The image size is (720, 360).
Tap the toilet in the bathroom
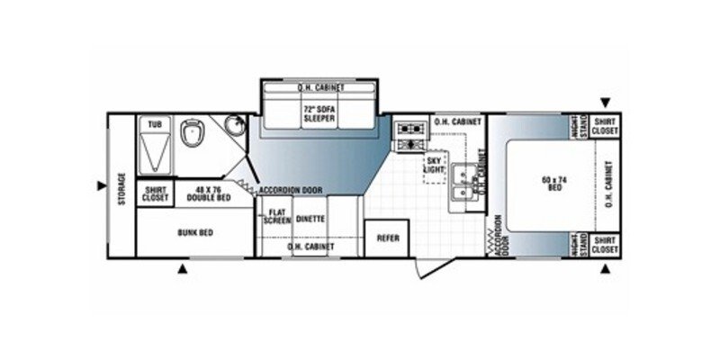click(192, 134)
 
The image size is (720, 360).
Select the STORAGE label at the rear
click(121, 190)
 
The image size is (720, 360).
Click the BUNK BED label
click(194, 233)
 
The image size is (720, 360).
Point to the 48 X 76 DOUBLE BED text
click(206, 193)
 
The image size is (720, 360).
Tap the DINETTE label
click(310, 217)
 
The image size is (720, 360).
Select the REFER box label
click(386, 238)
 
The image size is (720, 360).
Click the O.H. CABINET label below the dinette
click(310, 246)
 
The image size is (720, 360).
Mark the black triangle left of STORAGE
click(101, 186)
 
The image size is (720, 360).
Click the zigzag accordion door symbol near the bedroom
click(490, 238)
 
